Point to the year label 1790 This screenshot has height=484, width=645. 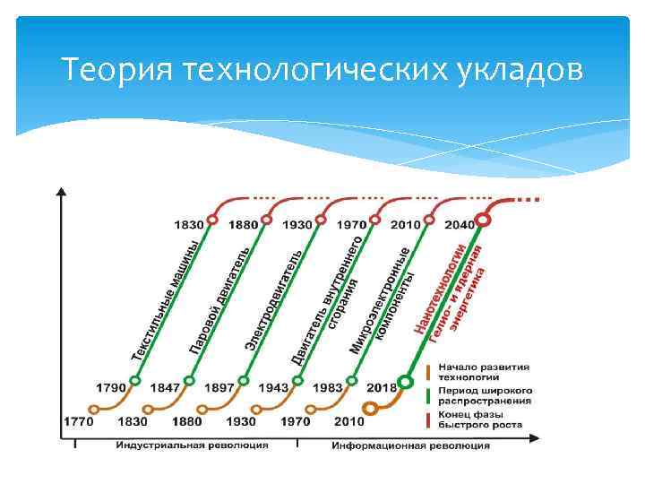click(x=111, y=387)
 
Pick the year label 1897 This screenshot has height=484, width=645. click(x=219, y=387)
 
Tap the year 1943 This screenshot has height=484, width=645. click(x=273, y=387)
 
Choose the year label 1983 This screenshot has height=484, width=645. click(x=327, y=387)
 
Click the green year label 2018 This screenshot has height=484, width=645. click(x=382, y=387)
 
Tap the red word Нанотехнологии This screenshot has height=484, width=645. click(x=441, y=290)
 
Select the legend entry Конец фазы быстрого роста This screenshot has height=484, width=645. click(x=485, y=419)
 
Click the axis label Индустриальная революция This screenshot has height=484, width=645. click(x=192, y=445)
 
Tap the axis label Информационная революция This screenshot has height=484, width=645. click(x=410, y=445)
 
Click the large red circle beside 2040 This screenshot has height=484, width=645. click(x=483, y=220)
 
